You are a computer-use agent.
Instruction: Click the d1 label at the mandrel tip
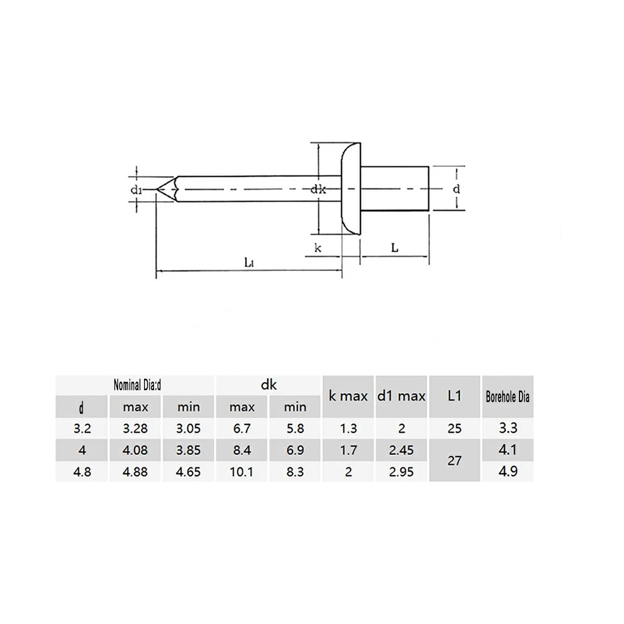click(x=136, y=190)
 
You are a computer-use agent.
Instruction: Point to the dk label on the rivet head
click(x=318, y=190)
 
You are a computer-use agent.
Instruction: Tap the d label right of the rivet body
click(x=457, y=189)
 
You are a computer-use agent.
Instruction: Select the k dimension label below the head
click(x=318, y=248)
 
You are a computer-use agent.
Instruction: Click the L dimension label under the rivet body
click(x=395, y=248)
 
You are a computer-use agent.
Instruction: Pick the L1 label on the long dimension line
click(x=249, y=263)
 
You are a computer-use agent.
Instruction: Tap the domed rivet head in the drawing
click(x=350, y=189)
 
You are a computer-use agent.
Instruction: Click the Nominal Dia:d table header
click(x=137, y=385)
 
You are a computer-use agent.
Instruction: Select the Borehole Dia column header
click(x=508, y=397)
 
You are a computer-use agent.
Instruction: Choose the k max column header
click(x=348, y=396)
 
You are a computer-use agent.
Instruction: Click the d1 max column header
click(x=401, y=396)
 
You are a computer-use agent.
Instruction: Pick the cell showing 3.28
click(x=135, y=428)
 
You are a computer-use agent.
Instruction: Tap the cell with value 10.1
click(x=242, y=472)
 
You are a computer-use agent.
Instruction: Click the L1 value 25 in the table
click(x=454, y=428)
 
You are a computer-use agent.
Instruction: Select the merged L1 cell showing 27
click(x=454, y=461)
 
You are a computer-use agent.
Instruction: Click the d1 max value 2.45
click(x=401, y=450)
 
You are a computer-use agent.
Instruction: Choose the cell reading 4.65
click(x=188, y=472)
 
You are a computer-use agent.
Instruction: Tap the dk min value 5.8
click(x=295, y=428)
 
